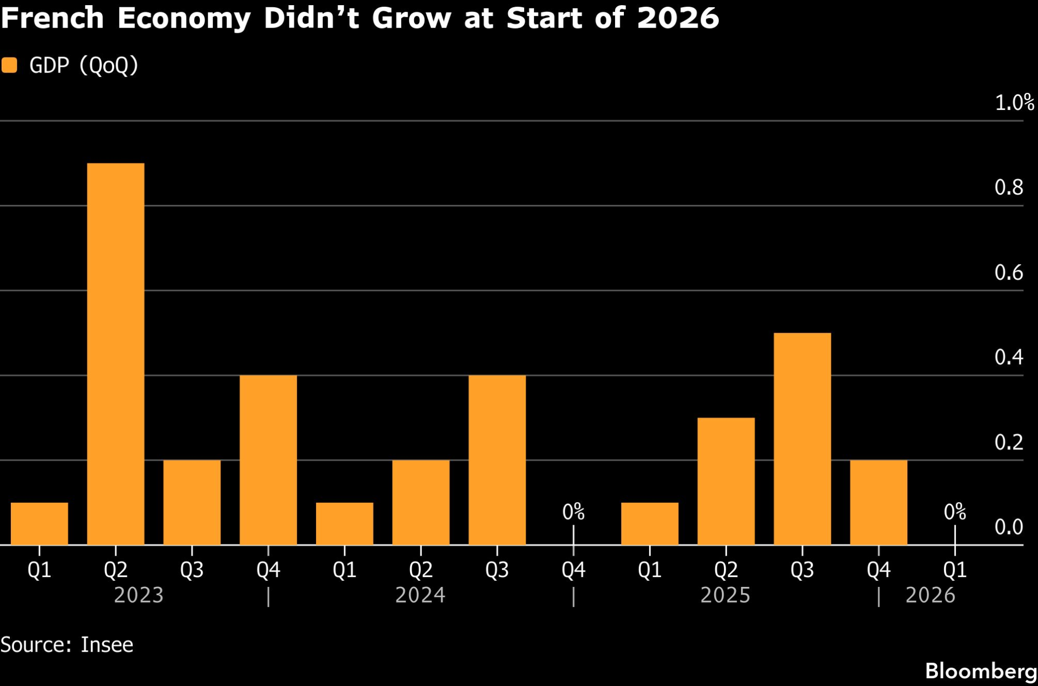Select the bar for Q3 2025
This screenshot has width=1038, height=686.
tap(802, 438)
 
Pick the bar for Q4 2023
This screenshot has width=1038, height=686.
tap(268, 459)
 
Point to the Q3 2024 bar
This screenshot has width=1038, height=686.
tap(497, 459)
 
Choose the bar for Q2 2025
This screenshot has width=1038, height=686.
tap(726, 481)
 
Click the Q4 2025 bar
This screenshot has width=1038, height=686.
tap(878, 502)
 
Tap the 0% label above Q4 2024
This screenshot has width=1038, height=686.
tap(573, 512)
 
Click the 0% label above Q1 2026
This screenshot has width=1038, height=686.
tap(954, 512)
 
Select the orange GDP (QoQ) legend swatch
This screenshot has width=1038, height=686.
tap(9, 65)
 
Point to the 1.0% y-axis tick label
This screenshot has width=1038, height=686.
tap(1014, 103)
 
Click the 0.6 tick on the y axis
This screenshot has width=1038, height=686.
tap(1008, 272)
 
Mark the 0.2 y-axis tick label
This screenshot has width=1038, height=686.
tap(1008, 442)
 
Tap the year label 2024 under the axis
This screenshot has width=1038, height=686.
tap(420, 595)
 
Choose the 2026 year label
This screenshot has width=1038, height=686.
tap(930, 595)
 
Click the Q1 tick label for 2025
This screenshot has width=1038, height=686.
tap(649, 570)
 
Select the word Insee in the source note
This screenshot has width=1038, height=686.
tap(107, 644)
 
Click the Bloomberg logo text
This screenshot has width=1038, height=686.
tap(980, 671)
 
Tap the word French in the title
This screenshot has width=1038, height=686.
tap(52, 18)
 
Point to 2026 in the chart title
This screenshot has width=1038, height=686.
tap(678, 18)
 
